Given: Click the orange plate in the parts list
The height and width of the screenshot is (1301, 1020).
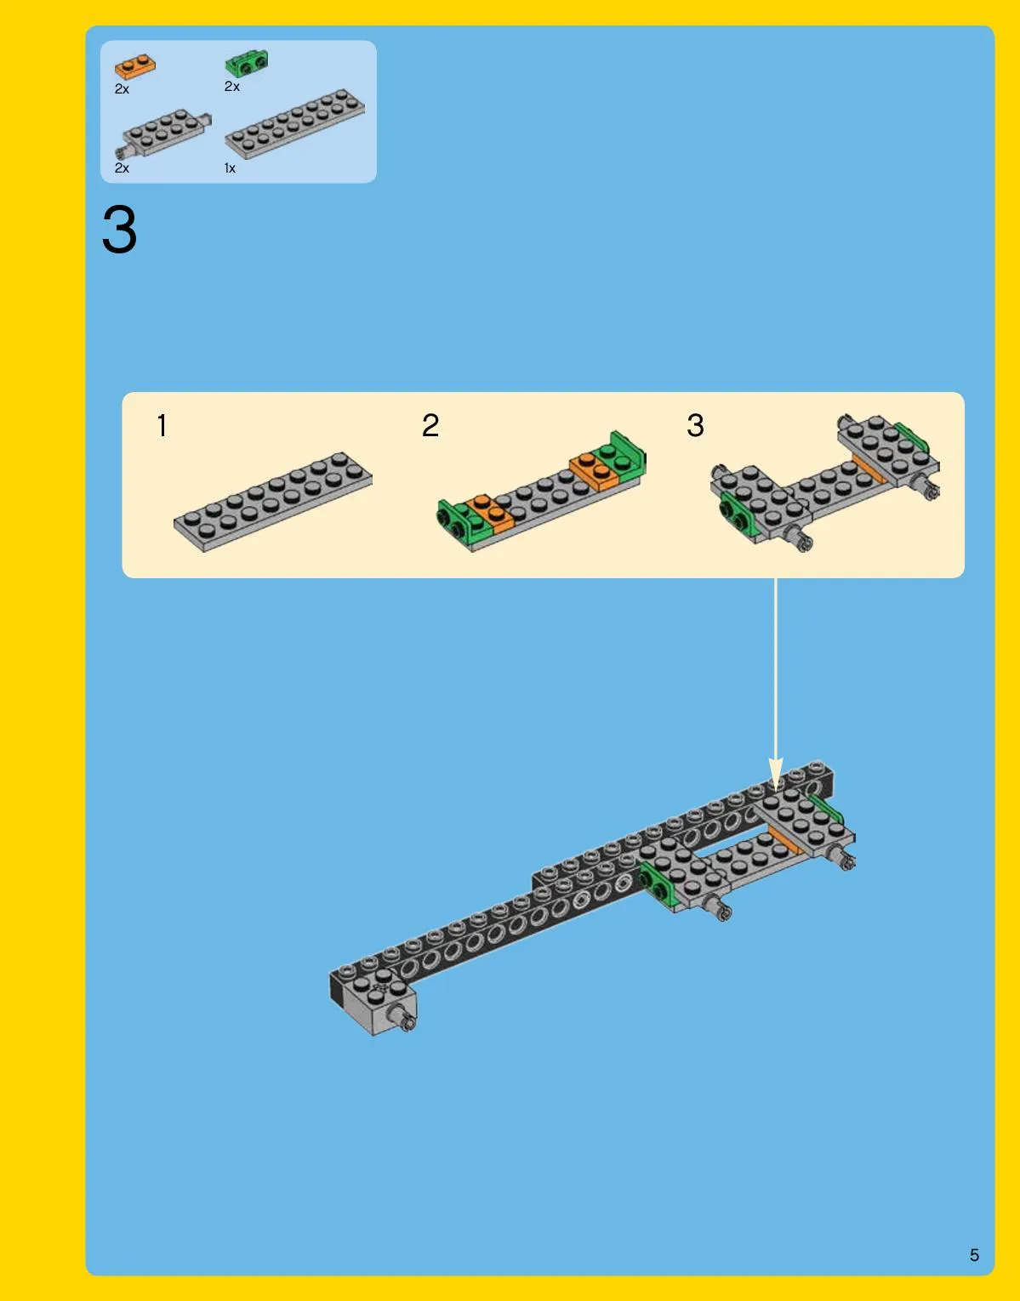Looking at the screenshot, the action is coord(134,66).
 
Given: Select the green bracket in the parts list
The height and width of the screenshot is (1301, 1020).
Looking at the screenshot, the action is coord(246,64).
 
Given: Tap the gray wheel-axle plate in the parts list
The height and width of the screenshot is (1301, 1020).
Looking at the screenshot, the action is coord(162,133).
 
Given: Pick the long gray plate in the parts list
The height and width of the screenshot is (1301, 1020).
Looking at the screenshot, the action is coord(294,123).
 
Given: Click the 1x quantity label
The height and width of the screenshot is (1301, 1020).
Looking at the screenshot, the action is coord(230,168).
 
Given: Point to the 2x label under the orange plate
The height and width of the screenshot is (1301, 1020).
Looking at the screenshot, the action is coord(122,89).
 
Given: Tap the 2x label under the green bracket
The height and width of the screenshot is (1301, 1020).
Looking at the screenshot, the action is coord(231,87).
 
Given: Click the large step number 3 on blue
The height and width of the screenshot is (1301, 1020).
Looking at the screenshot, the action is coord(120,230).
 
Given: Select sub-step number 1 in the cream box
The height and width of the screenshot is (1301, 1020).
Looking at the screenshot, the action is coord(162,426).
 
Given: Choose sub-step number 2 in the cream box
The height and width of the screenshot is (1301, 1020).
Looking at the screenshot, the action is coord(430,426).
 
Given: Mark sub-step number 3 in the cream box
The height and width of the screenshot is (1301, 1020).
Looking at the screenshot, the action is coord(695,426).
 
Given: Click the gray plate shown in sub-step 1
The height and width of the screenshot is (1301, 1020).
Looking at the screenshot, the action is coord(273,502).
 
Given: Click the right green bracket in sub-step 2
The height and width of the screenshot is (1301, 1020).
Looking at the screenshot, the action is coord(623,457).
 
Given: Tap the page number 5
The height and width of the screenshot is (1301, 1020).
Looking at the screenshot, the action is coord(974,1255).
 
